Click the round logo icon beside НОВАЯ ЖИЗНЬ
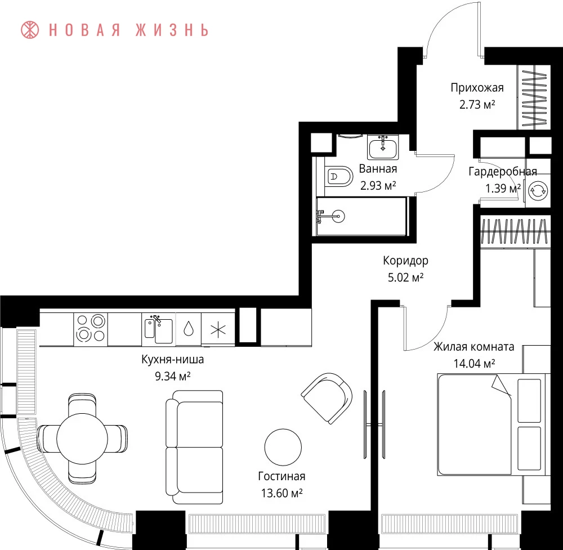(30, 30)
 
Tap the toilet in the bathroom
(338, 176)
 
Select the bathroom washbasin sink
(383, 147)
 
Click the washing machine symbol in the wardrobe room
(538, 190)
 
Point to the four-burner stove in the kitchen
(91, 328)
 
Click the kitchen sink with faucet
(159, 329)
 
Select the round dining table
(82, 439)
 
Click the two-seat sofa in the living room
(194, 447)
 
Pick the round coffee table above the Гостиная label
(283, 448)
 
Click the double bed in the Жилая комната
(494, 424)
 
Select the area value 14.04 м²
(474, 364)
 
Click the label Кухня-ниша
(173, 359)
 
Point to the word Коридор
(406, 261)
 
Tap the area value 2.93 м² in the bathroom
(378, 186)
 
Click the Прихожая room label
(477, 88)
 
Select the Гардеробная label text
(503, 172)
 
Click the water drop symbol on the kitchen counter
(189, 329)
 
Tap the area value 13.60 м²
(282, 493)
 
